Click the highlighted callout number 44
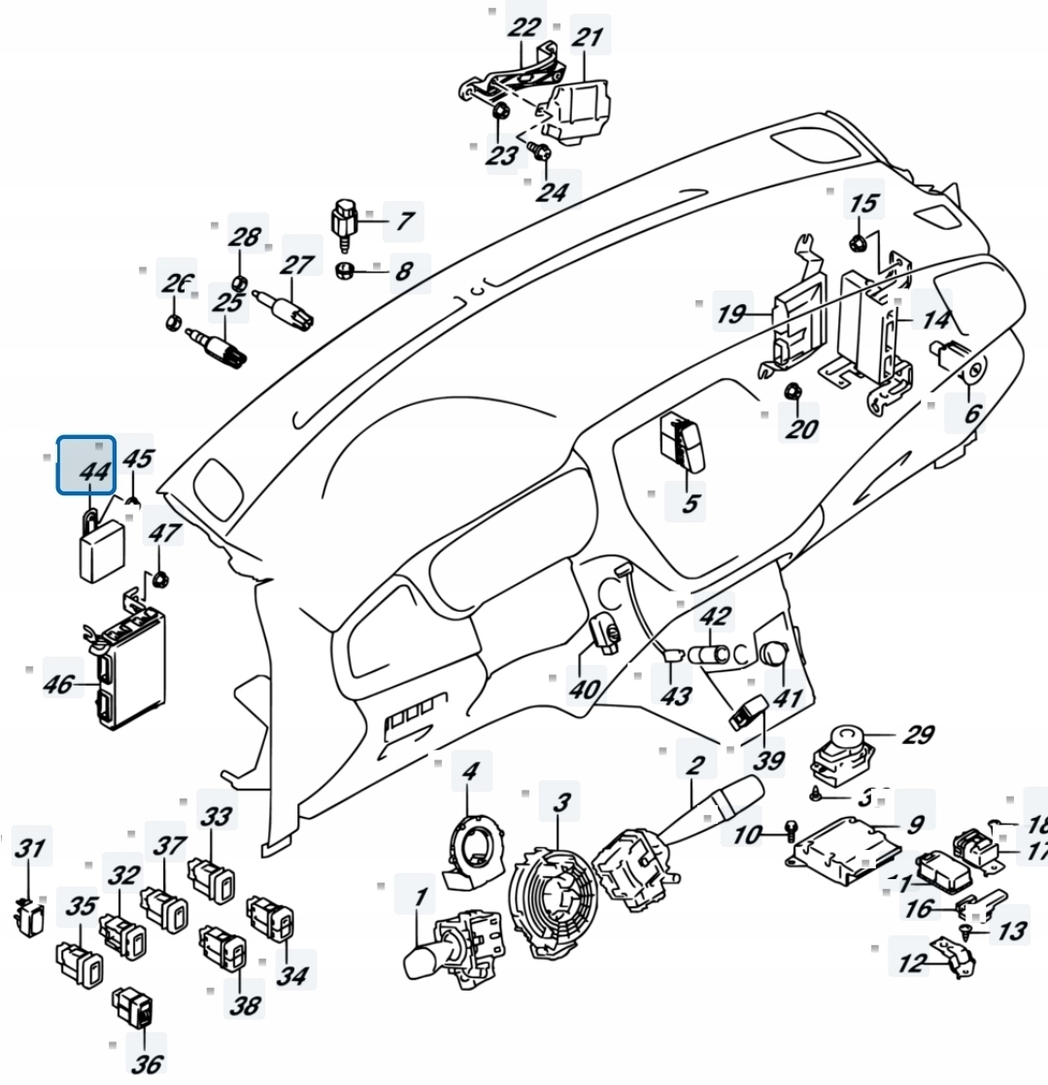tap(86, 465)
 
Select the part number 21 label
tap(588, 38)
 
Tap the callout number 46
tap(58, 684)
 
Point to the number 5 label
tap(690, 503)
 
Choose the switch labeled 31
tap(30, 915)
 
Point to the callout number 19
tap(731, 314)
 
